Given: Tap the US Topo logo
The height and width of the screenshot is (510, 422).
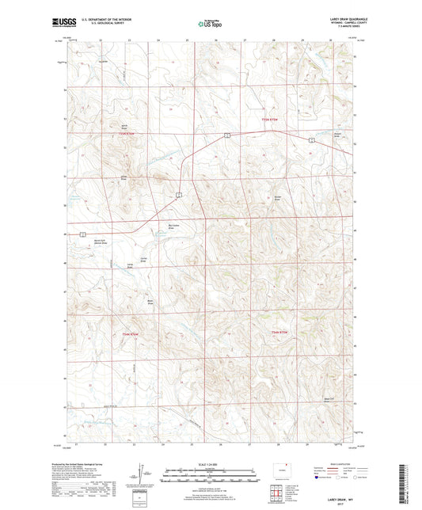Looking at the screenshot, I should coord(208,24).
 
